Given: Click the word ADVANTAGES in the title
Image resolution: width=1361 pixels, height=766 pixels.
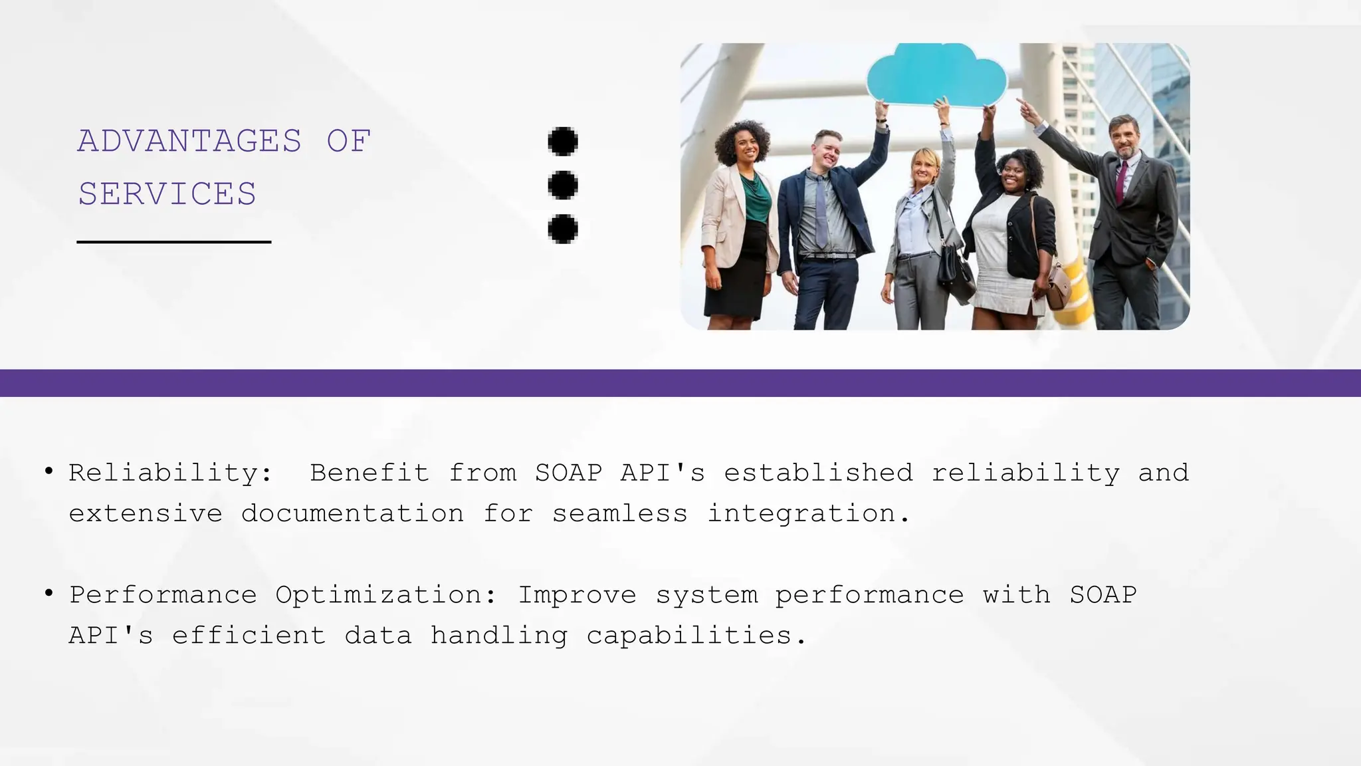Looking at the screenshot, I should point(189,141).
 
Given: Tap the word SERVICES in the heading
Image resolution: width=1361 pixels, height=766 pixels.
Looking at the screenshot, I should point(167,194).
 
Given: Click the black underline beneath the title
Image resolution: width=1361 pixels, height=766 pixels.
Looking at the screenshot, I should point(174,242).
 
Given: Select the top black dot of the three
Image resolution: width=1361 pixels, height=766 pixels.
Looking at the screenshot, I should point(563,141).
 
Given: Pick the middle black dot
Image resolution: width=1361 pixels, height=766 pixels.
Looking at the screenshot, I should point(563,185).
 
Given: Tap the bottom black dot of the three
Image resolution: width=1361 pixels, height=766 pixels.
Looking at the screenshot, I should point(563,229).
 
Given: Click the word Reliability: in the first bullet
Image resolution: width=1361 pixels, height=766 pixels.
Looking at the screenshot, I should point(171,473).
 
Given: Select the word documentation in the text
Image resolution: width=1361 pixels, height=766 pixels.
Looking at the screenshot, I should point(352,513).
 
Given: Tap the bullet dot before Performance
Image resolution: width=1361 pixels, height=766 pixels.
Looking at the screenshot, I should point(49,592).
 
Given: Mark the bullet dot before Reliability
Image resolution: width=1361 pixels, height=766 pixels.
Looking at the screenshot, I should point(49,471).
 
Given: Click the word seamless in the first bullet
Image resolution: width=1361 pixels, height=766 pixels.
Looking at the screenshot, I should point(619,513).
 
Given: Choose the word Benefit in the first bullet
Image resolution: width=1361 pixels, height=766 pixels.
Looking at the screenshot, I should point(369,473).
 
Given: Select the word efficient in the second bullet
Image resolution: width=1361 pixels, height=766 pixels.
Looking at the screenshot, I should point(249,636).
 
